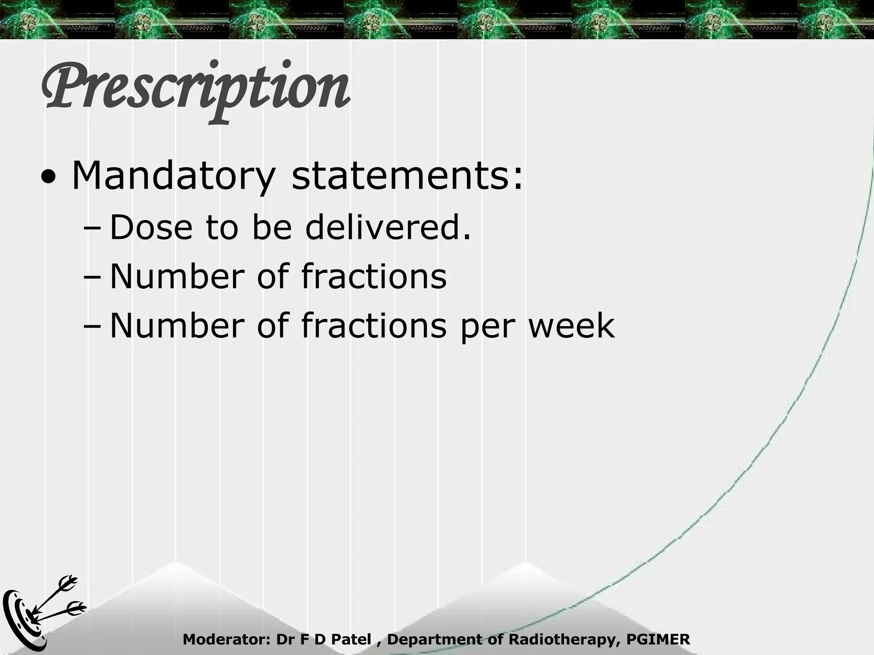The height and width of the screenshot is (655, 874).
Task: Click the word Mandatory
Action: click(173, 176)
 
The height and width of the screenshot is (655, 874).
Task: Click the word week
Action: click(571, 326)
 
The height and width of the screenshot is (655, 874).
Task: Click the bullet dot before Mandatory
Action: click(48, 180)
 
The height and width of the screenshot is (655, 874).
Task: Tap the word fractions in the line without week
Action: click(374, 277)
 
